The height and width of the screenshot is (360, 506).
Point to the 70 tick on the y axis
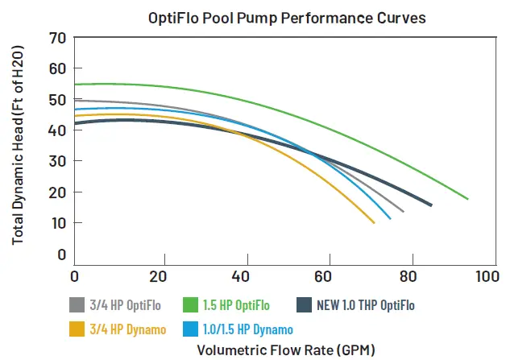tap(56, 38)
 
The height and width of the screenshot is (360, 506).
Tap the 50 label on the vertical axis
tap(56, 100)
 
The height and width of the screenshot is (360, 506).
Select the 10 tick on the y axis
tap(56, 223)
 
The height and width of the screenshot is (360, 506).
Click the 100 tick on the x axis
tap(487, 276)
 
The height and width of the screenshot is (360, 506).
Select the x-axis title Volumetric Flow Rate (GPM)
tap(285, 350)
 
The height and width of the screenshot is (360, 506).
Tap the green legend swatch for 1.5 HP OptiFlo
tap(191, 305)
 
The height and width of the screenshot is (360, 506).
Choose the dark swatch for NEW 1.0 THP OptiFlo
tap(305, 305)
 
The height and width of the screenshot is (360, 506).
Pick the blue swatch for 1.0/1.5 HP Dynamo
tap(191, 329)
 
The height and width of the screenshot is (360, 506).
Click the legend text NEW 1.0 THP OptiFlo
tap(366, 305)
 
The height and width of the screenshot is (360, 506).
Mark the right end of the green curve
tap(467, 198)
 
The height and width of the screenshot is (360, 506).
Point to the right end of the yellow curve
tap(374, 222)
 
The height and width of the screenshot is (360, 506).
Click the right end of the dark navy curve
tap(431, 205)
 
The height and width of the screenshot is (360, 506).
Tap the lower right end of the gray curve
tap(403, 211)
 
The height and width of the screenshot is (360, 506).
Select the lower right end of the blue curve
tap(390, 218)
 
